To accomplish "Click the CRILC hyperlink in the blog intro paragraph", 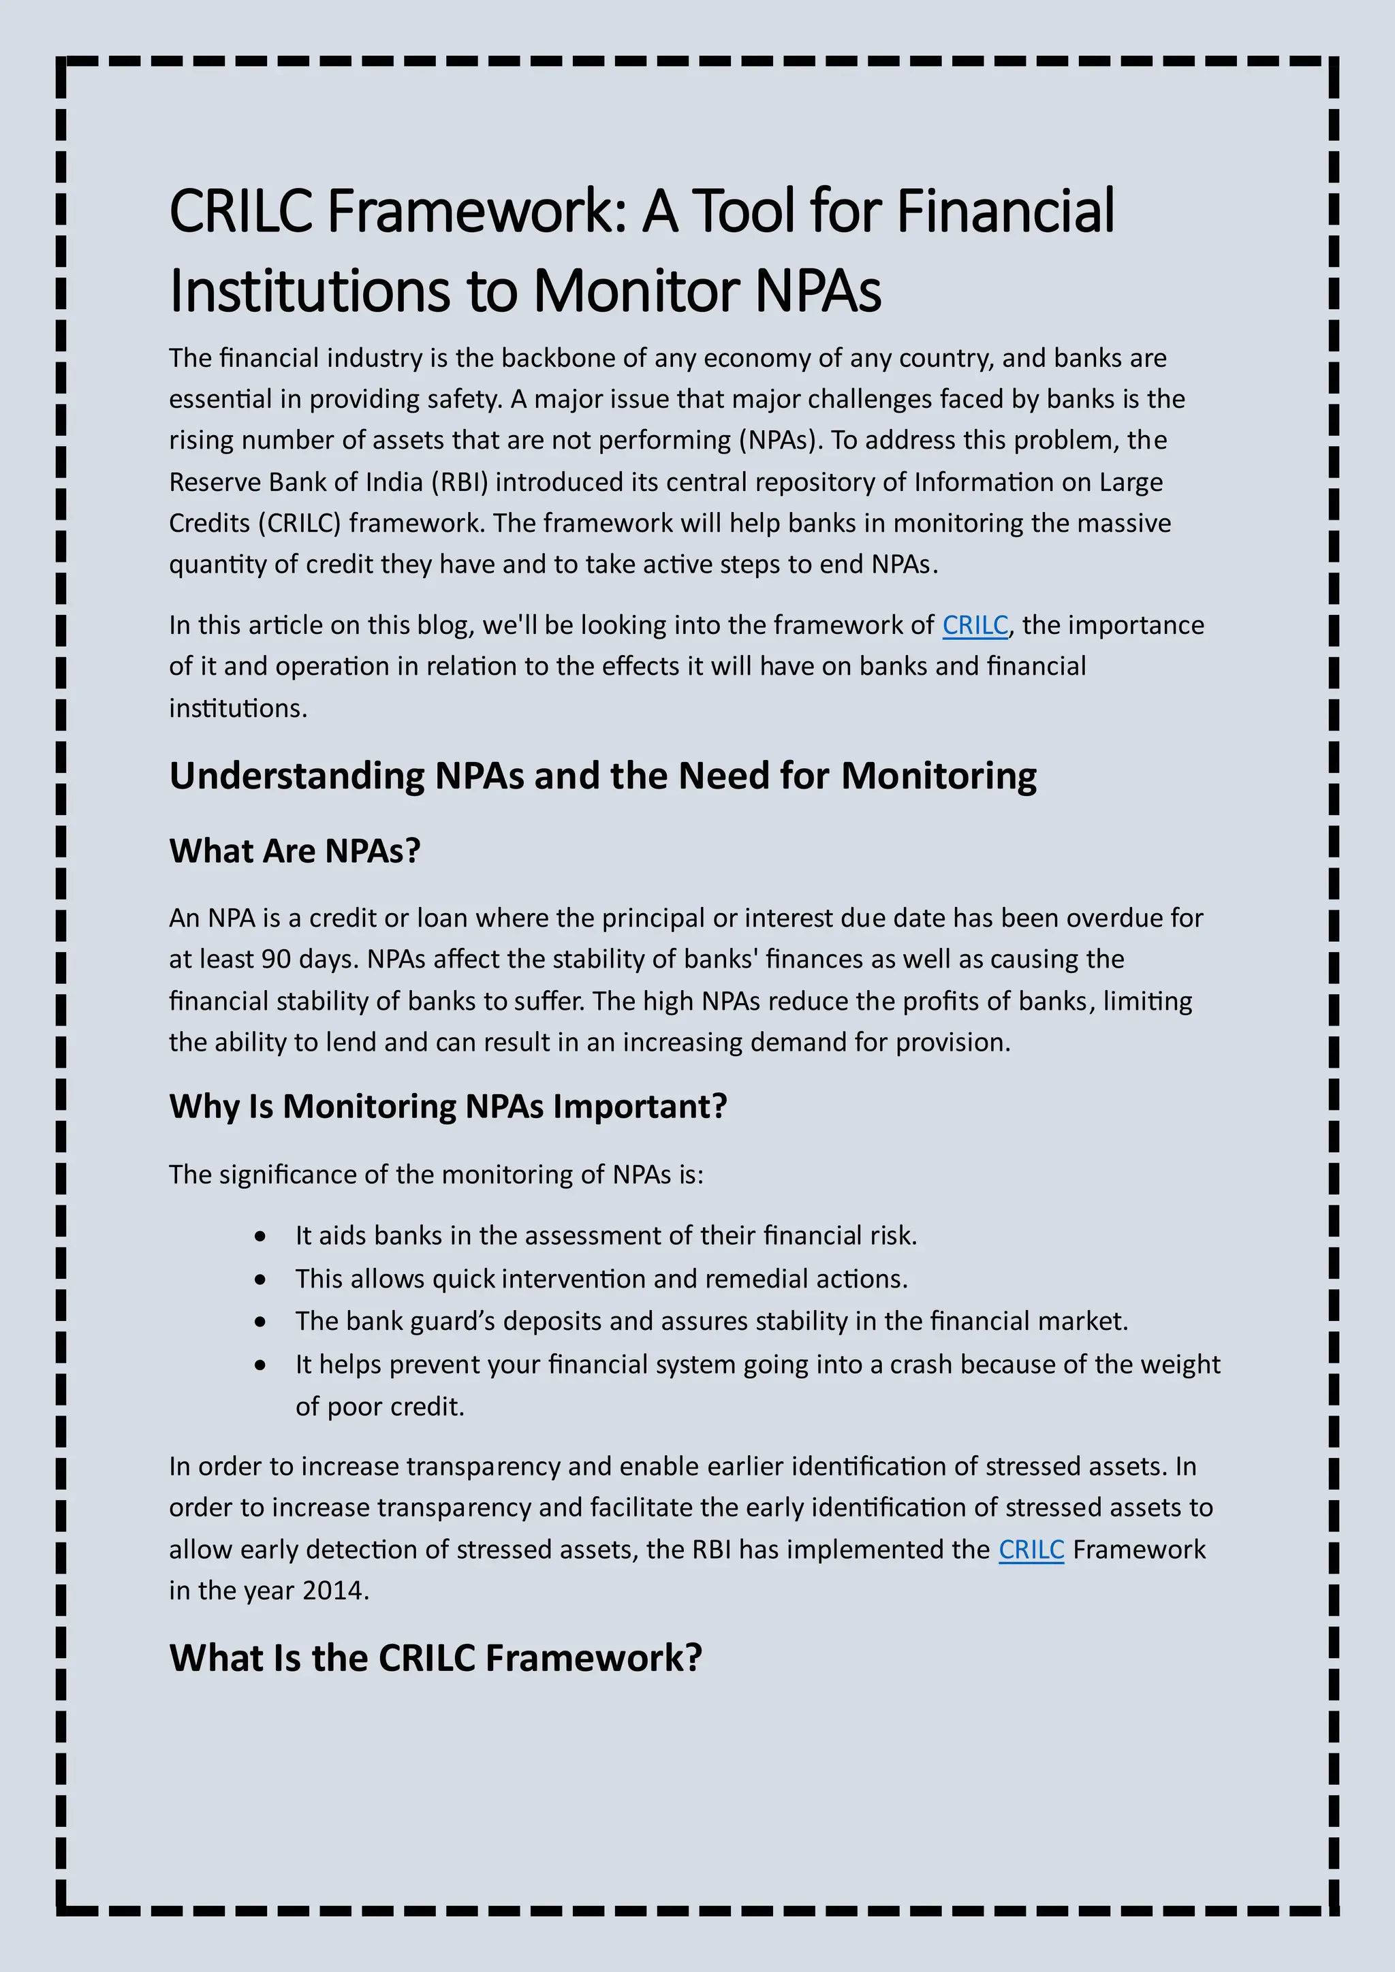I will [975, 625].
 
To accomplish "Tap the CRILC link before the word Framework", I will [1031, 1549].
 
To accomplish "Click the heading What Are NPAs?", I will [295, 851].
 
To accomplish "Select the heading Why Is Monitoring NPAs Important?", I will [448, 1107].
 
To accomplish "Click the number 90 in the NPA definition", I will [276, 959].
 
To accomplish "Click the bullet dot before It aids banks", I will [260, 1237].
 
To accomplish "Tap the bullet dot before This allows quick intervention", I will [260, 1279].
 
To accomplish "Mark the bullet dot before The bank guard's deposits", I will [260, 1322].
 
